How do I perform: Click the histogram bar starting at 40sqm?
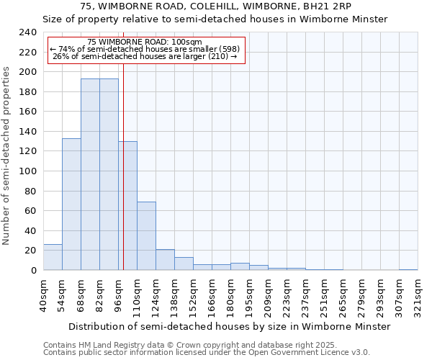(53, 257)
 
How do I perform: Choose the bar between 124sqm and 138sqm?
(165, 259)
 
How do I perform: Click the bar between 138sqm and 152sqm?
(184, 264)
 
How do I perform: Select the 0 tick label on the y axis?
(34, 270)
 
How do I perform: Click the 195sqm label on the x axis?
(249, 295)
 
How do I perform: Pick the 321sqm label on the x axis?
(418, 295)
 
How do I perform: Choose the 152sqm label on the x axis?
(193, 295)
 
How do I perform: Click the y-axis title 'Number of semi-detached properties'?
(6, 156)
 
